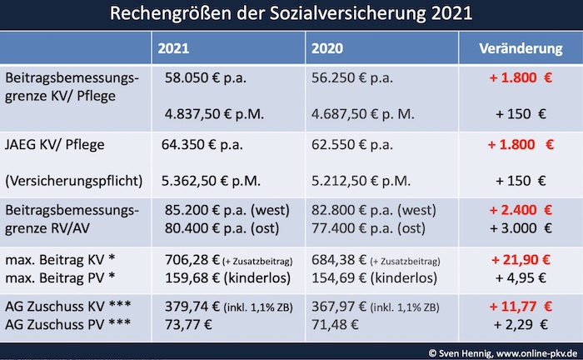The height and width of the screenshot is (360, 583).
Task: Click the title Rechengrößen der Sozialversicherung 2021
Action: pos(291,14)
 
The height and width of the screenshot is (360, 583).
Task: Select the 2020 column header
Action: pos(327,48)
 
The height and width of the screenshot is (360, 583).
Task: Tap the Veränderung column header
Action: pos(521,48)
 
